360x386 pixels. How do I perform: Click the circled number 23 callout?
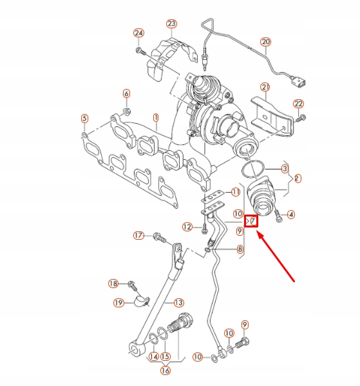(171, 24)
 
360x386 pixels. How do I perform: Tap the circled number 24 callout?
(138, 33)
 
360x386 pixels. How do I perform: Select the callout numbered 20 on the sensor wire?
(265, 42)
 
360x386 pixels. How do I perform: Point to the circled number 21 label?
(265, 87)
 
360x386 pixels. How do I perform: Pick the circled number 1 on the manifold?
(156, 118)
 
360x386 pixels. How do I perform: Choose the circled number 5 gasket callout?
(84, 119)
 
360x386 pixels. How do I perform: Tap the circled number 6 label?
(126, 93)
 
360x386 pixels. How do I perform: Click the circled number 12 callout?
(187, 227)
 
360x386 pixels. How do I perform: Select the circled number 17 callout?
(138, 236)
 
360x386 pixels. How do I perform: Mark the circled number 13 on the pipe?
(178, 302)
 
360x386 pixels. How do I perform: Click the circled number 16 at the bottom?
(166, 371)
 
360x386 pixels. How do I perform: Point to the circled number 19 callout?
(118, 302)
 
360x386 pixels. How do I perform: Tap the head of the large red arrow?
(258, 231)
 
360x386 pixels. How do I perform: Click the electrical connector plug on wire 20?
(298, 82)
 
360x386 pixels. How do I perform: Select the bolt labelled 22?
(300, 119)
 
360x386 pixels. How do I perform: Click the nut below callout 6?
(126, 111)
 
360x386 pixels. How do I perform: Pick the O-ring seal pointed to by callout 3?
(252, 169)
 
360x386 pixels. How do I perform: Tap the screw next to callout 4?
(278, 216)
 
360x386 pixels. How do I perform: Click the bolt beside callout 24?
(140, 52)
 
